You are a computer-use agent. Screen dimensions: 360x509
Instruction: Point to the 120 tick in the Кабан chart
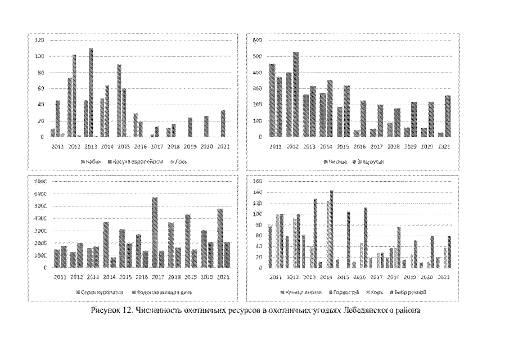point(39,40)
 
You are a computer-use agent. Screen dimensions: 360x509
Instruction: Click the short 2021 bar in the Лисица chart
point(441,135)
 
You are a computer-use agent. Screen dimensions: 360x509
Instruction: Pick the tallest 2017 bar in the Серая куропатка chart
point(154,232)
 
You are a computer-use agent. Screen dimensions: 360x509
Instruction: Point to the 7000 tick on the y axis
point(39,182)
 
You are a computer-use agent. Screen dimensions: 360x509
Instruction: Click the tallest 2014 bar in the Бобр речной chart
point(332,229)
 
